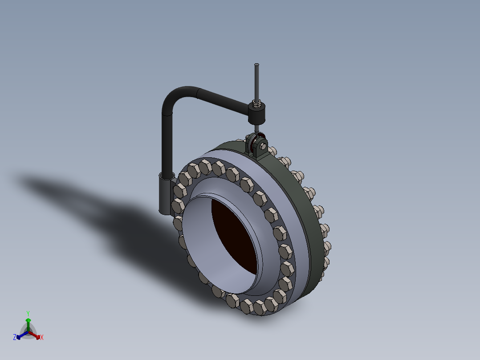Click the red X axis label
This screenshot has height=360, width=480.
click(x=42, y=338)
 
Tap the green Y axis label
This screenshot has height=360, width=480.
click(x=28, y=313)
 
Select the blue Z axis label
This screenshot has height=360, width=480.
click(x=15, y=338)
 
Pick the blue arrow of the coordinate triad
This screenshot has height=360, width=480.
click(x=20, y=335)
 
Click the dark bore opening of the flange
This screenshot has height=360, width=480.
click(x=236, y=236)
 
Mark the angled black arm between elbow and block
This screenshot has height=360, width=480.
click(x=223, y=100)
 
